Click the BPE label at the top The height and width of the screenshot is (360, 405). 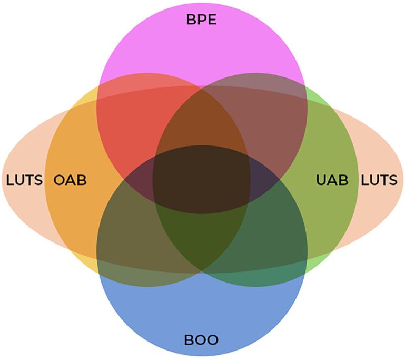201,20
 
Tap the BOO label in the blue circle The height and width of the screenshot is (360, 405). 201,339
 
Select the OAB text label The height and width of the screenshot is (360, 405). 70,180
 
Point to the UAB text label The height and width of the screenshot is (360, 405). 332,180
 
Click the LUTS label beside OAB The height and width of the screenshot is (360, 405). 24,180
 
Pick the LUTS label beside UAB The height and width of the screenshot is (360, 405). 379,180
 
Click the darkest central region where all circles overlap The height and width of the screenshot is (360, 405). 201,179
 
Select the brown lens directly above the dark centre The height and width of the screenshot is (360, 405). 201,119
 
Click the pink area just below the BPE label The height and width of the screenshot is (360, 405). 201,53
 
